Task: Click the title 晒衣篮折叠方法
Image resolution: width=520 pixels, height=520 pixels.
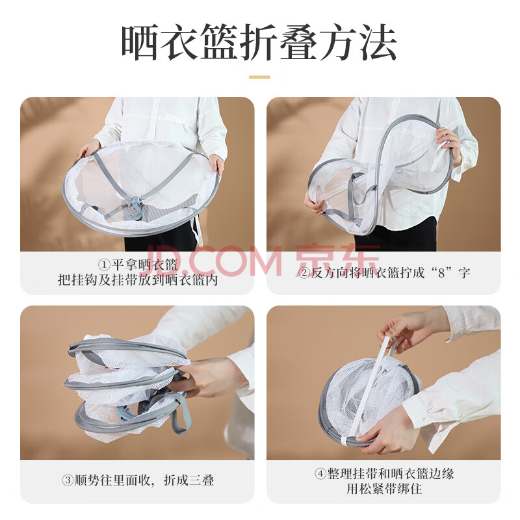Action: tap(259, 42)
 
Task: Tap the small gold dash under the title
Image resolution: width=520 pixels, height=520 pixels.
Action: tap(259, 77)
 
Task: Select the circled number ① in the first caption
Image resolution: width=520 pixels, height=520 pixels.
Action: tap(105, 265)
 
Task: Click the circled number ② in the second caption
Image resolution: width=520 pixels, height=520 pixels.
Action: tap(304, 273)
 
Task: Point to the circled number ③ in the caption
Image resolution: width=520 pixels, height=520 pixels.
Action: tap(68, 480)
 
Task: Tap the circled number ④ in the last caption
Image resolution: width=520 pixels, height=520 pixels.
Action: tap(320, 473)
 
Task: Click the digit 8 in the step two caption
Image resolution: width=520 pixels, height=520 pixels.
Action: tap(441, 273)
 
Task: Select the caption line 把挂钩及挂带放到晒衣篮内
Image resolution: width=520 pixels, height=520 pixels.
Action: tap(138, 280)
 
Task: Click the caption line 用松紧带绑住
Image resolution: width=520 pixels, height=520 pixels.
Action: tap(384, 489)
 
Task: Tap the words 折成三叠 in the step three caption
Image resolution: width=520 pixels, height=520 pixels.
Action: tap(189, 480)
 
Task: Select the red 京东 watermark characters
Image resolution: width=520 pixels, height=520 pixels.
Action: tap(337, 261)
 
